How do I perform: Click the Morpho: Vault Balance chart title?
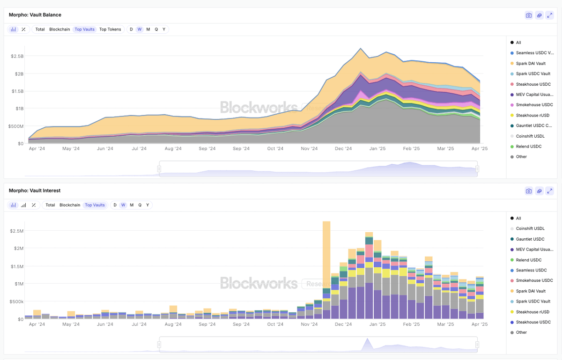pyautogui.click(x=35, y=15)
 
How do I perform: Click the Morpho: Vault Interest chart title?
pyautogui.click(x=35, y=191)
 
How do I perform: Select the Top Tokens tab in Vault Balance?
pyautogui.click(x=110, y=29)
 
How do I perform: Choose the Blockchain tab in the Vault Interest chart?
pyautogui.click(x=69, y=205)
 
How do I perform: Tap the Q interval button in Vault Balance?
pyautogui.click(x=156, y=29)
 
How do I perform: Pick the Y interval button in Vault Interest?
pyautogui.click(x=148, y=205)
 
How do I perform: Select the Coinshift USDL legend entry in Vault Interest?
pyautogui.click(x=530, y=228)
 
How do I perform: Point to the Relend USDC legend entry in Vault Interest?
pyautogui.click(x=528, y=260)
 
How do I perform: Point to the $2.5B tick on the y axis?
pyautogui.click(x=17, y=56)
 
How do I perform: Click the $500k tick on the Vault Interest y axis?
pyautogui.click(x=17, y=301)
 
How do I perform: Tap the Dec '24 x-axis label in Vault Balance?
pyautogui.click(x=343, y=149)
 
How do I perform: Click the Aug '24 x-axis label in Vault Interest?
pyautogui.click(x=173, y=324)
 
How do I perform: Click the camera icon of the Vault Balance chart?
pyautogui.click(x=529, y=15)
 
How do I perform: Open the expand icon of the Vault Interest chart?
pyautogui.click(x=550, y=191)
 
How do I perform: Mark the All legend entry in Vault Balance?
pyautogui.click(x=518, y=43)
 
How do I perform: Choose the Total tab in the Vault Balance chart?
pyautogui.click(x=40, y=29)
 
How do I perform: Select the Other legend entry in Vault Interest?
pyautogui.click(x=521, y=332)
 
